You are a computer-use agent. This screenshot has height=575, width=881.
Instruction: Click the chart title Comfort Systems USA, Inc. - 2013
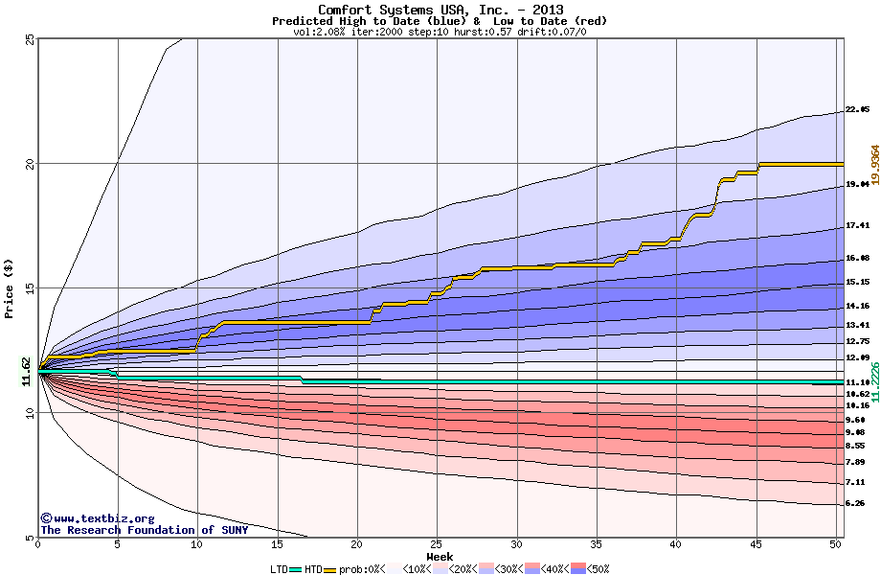click(440, 9)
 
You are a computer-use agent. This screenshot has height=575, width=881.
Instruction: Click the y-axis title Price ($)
click(10, 287)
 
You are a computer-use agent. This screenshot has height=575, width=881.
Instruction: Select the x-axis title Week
click(440, 556)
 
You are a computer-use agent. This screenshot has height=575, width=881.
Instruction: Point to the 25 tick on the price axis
click(30, 38)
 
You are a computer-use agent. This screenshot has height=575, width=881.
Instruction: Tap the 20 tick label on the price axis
click(30, 163)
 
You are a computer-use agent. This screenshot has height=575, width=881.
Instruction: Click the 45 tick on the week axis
click(756, 545)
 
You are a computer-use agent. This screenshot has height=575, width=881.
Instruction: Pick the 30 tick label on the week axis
click(516, 545)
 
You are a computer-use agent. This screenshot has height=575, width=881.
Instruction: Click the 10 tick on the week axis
click(197, 545)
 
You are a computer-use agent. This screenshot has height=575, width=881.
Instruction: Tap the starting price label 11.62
click(27, 372)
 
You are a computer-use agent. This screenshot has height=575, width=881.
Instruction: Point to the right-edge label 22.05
click(857, 110)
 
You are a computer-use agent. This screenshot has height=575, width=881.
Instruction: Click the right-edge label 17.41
click(857, 226)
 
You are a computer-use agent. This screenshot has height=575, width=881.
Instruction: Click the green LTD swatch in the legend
click(296, 568)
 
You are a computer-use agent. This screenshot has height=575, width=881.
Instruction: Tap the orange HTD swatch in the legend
click(331, 568)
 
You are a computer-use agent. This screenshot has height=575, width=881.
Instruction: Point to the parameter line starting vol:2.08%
click(440, 32)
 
